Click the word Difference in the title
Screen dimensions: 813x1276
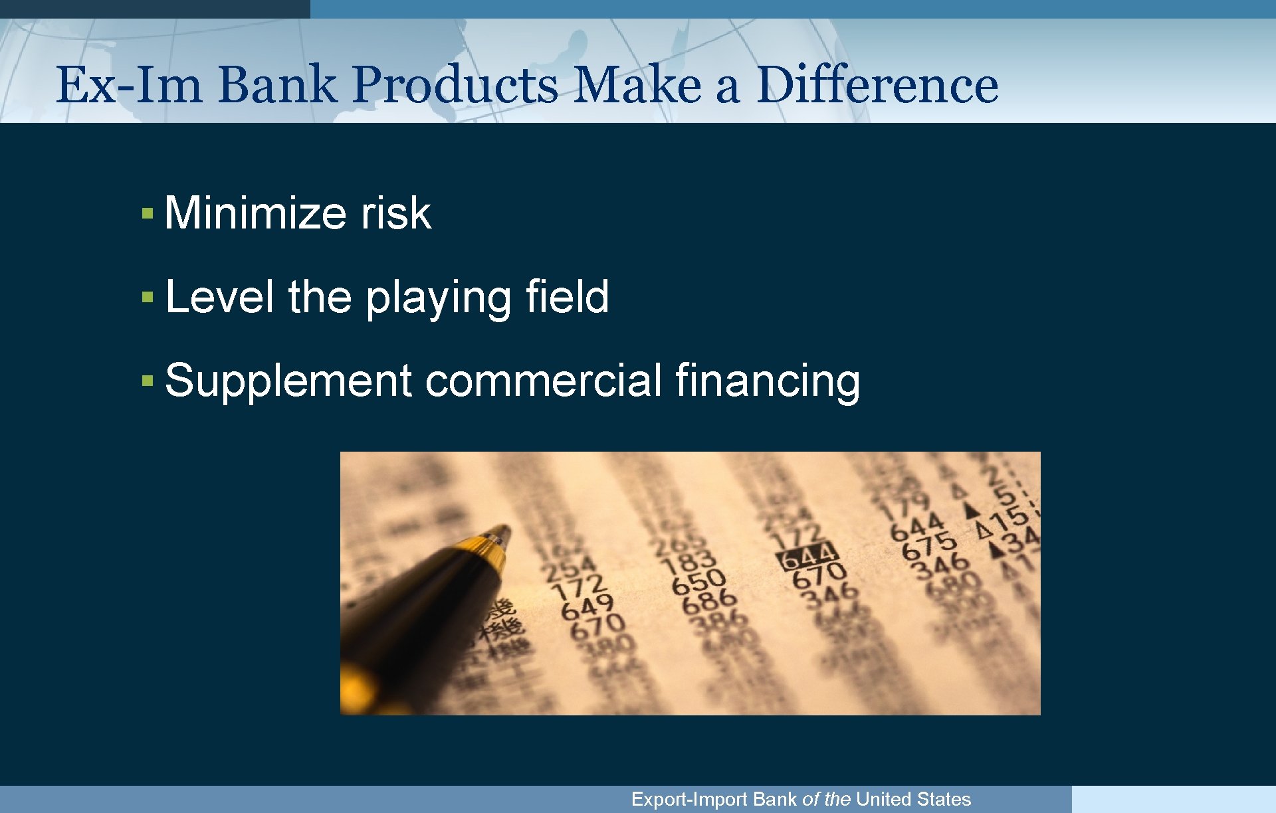[877, 85]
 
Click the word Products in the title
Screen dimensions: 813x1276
[455, 85]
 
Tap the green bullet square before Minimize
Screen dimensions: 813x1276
[148, 214]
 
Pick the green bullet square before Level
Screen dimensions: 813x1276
[148, 298]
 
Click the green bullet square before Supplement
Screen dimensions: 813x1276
[148, 381]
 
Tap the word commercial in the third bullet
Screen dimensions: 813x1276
[543, 381]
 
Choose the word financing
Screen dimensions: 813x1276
[768, 382]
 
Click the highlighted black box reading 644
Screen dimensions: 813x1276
[808, 555]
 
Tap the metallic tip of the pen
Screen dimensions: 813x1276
[499, 533]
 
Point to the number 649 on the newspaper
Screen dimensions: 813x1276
[587, 606]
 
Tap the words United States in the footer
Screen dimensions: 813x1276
[913, 799]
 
